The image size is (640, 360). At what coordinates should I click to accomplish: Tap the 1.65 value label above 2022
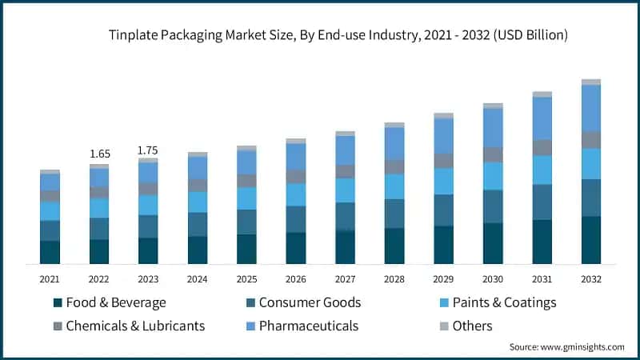pyautogui.click(x=99, y=153)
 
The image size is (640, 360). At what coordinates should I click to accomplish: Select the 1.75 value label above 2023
pyautogui.click(x=148, y=150)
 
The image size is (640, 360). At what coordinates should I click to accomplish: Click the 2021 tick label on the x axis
pyautogui.click(x=50, y=279)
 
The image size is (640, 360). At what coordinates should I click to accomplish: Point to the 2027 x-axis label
pyautogui.click(x=346, y=279)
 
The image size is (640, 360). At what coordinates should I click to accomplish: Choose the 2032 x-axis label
pyautogui.click(x=591, y=279)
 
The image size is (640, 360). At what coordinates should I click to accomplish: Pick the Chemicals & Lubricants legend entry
pyautogui.click(x=128, y=326)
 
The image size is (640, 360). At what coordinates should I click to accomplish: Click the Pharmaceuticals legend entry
pyautogui.click(x=303, y=326)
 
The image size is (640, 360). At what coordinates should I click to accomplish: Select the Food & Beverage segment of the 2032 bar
pyautogui.click(x=591, y=239)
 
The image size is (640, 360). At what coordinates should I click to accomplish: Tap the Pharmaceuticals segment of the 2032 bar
pyautogui.click(x=591, y=108)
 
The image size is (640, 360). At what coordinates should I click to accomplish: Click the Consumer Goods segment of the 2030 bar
pyautogui.click(x=493, y=206)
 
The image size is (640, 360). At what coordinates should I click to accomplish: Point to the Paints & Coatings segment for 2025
pyautogui.click(x=247, y=198)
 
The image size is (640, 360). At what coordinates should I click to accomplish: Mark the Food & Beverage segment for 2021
pyautogui.click(x=50, y=252)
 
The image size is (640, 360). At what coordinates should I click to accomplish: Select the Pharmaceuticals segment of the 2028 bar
pyautogui.click(x=394, y=143)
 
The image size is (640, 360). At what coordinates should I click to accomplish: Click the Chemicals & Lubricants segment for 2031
pyautogui.click(x=542, y=147)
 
